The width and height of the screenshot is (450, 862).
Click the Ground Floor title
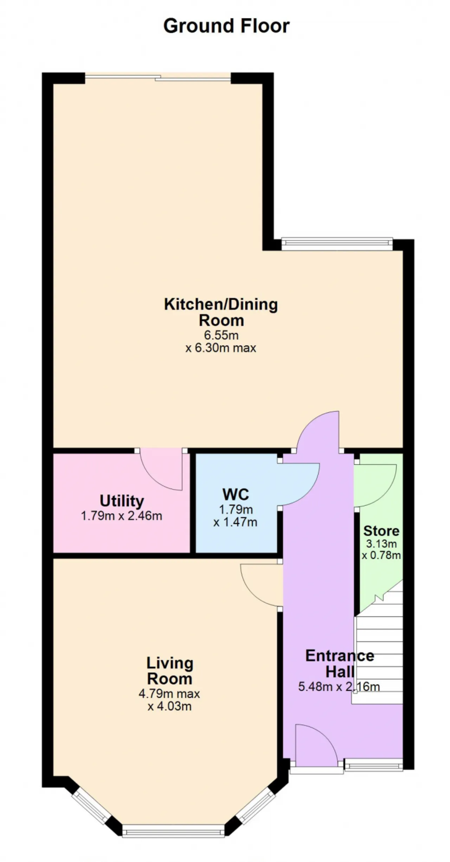226,26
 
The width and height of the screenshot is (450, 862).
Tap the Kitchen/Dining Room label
221,312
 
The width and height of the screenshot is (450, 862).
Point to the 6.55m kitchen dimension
221,335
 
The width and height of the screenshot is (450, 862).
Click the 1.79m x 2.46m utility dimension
122,516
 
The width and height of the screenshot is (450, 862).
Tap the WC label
236,494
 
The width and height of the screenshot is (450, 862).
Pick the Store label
381,531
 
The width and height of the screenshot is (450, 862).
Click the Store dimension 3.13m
381,544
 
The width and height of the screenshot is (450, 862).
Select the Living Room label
170,671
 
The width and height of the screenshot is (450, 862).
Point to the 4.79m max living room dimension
169,694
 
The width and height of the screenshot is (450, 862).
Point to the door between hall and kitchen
319,431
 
